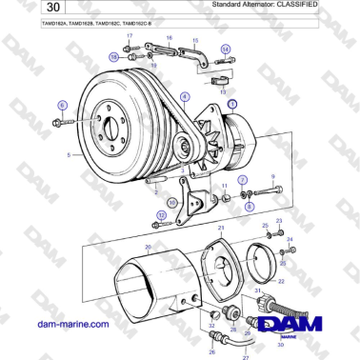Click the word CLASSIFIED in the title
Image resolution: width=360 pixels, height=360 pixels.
(293, 6)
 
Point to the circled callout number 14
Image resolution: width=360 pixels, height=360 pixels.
(225, 48)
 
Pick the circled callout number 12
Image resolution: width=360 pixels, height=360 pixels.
(161, 216)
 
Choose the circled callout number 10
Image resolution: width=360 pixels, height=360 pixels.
(171, 202)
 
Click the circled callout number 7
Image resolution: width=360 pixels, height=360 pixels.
(242, 179)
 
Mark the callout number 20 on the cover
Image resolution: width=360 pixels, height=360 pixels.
(148, 247)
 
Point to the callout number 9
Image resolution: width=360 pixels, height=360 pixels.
(272, 177)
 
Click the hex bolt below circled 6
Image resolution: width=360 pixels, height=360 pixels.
(60, 123)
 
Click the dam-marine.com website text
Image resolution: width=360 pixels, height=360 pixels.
(72, 324)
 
